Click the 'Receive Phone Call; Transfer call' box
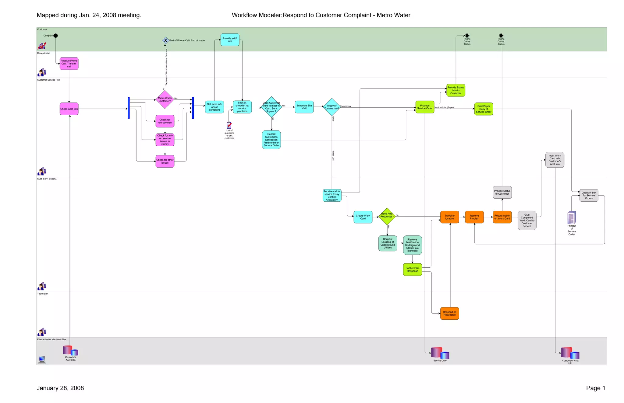coord(69,64)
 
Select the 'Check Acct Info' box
coord(69,109)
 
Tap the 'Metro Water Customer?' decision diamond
coord(165,99)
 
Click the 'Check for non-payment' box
coord(165,121)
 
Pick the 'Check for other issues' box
coord(165,161)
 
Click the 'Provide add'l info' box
coord(230,40)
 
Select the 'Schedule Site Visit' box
coord(304,107)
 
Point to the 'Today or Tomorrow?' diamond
coord(331,107)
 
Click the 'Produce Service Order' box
coord(425,107)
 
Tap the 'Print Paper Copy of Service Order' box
coord(484,109)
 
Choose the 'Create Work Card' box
coord(363,217)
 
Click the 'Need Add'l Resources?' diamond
coord(387,216)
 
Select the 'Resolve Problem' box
coord(474,217)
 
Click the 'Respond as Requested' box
coord(449,313)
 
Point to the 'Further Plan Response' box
coord(412,269)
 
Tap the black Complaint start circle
coord(55,36)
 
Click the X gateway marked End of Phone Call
coord(165,40)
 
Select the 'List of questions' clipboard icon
coord(229,125)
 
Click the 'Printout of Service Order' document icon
coord(572,218)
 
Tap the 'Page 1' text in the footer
coord(595,388)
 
